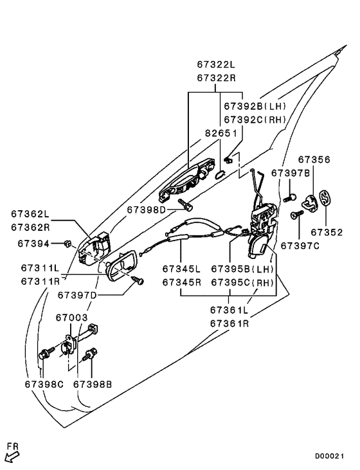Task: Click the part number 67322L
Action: (x=216, y=66)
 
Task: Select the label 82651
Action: (x=221, y=134)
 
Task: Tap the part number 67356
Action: (x=314, y=159)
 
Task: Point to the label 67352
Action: (x=327, y=232)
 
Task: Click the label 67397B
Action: (x=291, y=173)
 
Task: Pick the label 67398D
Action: (x=146, y=210)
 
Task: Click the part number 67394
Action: (x=33, y=244)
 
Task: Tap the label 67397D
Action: (x=77, y=295)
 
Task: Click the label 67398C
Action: (x=44, y=384)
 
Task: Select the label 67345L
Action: (x=182, y=268)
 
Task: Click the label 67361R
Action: (x=229, y=323)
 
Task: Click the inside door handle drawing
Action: (x=120, y=264)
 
